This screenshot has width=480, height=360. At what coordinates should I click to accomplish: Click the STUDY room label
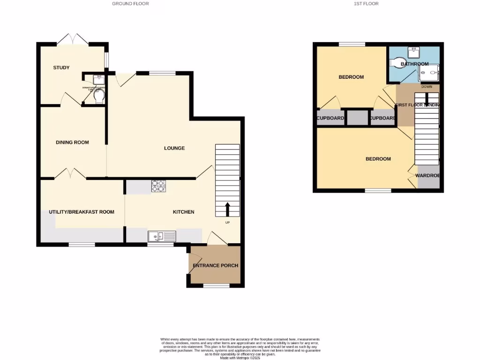61,67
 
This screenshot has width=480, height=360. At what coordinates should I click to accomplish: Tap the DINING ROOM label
72,142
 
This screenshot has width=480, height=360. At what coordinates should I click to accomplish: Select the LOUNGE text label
174,148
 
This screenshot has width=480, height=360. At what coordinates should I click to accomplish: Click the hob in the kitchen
159,187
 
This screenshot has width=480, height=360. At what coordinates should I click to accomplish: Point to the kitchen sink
162,236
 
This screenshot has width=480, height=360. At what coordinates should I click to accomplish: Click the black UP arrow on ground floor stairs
228,209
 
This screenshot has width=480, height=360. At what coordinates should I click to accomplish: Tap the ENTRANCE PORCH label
216,265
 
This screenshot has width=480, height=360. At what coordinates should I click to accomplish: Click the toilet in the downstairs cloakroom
98,97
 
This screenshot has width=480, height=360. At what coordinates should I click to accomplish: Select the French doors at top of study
73,39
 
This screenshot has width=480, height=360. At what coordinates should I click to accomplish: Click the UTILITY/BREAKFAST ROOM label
82,212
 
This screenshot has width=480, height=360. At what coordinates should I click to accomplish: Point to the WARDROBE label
427,176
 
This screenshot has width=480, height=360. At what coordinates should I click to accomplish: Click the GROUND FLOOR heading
130,4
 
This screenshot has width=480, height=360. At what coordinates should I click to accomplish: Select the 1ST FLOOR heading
366,4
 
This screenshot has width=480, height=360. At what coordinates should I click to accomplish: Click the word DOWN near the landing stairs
427,87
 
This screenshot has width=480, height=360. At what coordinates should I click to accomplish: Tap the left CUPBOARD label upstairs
330,118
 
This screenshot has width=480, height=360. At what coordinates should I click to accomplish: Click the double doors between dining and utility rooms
70,174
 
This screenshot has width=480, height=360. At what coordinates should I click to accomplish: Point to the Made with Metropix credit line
240,357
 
